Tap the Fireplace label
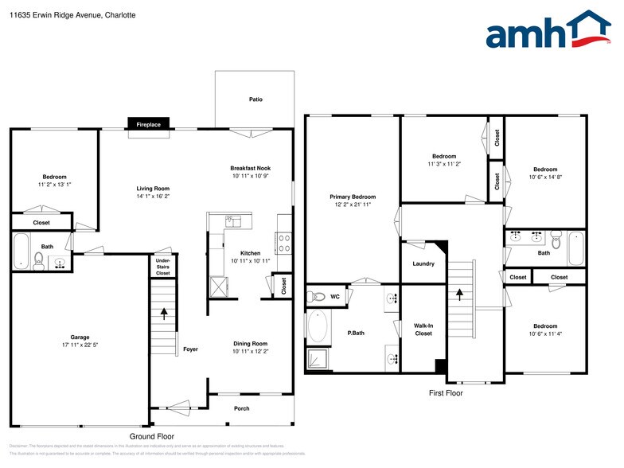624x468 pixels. [148, 125]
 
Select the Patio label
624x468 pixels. [255, 99]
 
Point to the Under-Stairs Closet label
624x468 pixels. [162, 267]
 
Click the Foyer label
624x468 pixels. [190, 349]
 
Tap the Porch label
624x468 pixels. [241, 408]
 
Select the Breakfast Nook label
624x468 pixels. [251, 168]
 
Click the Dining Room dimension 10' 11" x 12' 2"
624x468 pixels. [251, 351]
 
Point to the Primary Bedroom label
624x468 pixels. [353, 197]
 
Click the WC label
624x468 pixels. [335, 297]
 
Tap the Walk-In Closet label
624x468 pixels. [423, 329]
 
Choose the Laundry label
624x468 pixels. [423, 263]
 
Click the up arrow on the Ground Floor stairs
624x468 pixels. [165, 313]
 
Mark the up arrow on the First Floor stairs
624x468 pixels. [459, 294]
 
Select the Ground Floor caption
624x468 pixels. [152, 436]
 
